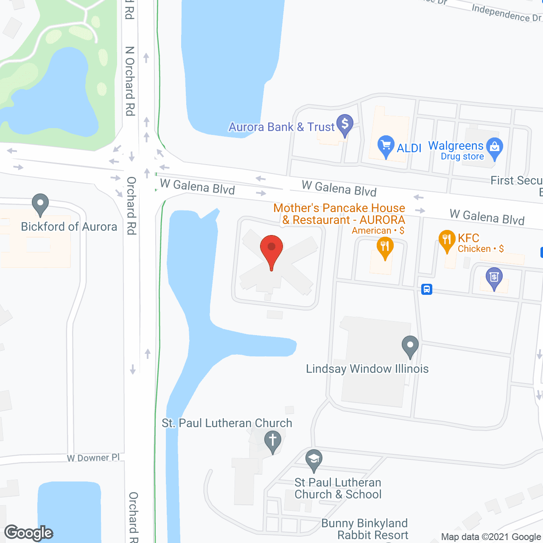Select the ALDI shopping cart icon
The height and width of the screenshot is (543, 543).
[x=386, y=146]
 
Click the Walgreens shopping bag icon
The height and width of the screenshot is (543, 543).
[x=494, y=148]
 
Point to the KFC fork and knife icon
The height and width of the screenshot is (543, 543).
[x=447, y=240]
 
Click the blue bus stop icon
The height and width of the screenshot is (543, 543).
[x=427, y=289]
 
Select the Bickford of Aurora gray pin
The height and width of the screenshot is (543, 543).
[x=40, y=204]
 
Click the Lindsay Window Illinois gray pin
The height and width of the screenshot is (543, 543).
[x=410, y=346]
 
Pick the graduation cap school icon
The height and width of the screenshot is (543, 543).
[x=313, y=459]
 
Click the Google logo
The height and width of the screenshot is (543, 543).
[x=29, y=533]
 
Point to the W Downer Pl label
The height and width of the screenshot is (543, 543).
[x=93, y=458]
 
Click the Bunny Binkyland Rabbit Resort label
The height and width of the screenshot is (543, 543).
[x=365, y=529]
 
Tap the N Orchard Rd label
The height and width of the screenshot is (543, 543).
[x=130, y=81]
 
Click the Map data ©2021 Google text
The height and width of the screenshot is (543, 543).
[x=491, y=537]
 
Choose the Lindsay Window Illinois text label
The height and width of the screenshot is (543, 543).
[x=367, y=369]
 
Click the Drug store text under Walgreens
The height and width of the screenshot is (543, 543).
[x=462, y=157]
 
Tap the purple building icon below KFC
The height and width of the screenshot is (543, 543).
[x=494, y=277]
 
